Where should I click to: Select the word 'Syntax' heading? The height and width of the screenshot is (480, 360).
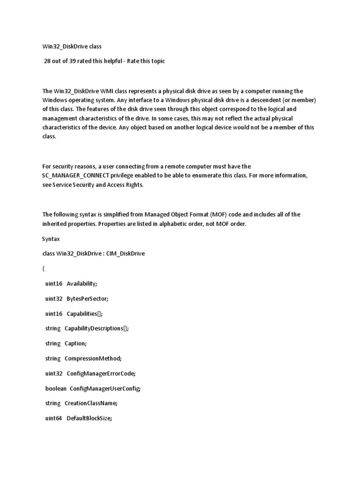coord(52,239)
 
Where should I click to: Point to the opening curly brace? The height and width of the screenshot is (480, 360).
coord(44,269)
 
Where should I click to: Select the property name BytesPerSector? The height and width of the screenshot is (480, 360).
coord(87,299)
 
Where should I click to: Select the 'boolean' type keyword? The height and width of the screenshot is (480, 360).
coord(56,388)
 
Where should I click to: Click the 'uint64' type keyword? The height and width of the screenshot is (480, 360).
coord(53,418)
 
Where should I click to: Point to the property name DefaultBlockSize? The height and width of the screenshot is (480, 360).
coord(89,418)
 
